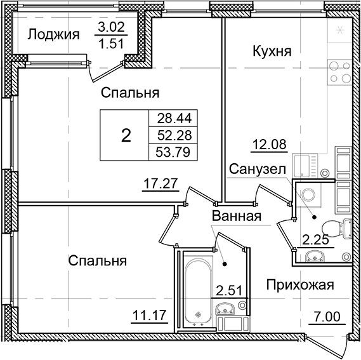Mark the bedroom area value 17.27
[x=159, y=185]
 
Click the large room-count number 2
[x=126, y=135]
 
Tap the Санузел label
[x=256, y=169]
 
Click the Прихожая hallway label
[x=299, y=285]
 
